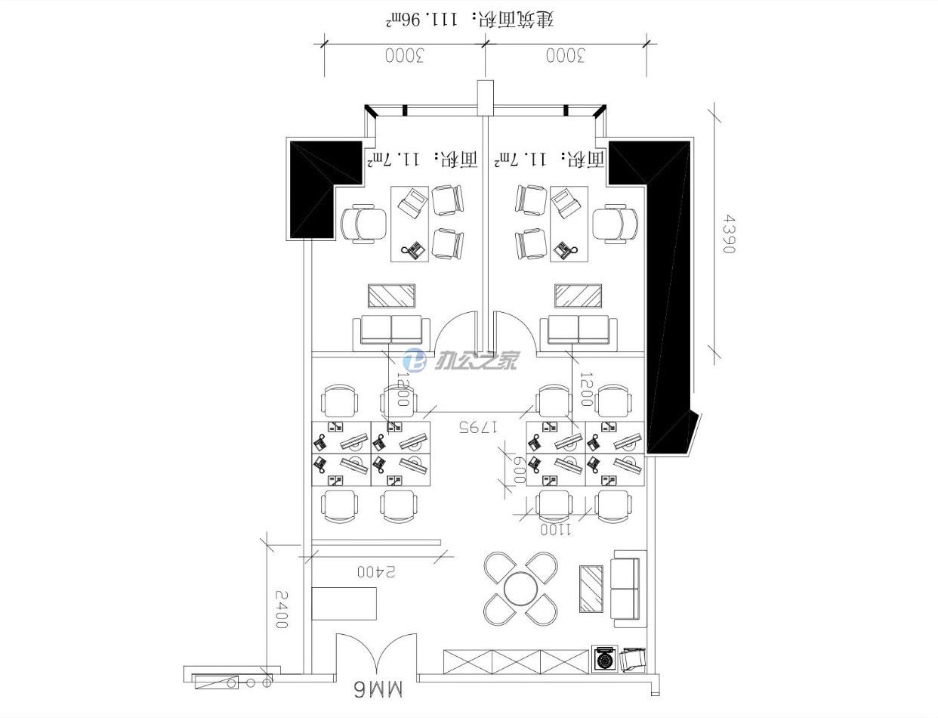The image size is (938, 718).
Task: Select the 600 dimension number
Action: pyautogui.click(x=519, y=471)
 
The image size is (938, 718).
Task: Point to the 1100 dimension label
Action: pyautogui.click(x=556, y=530)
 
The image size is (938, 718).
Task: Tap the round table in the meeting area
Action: pyautogui.click(x=520, y=589)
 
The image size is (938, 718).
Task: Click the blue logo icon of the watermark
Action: pyautogui.click(x=415, y=361)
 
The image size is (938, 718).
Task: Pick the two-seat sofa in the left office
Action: pyautogui.click(x=391, y=330)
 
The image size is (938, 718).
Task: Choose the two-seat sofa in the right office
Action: pyautogui.click(x=579, y=330)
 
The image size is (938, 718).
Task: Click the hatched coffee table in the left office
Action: pyautogui.click(x=391, y=296)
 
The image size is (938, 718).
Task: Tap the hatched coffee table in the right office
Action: pyautogui.click(x=579, y=296)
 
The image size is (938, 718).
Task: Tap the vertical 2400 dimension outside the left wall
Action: pyautogui.click(x=281, y=609)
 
